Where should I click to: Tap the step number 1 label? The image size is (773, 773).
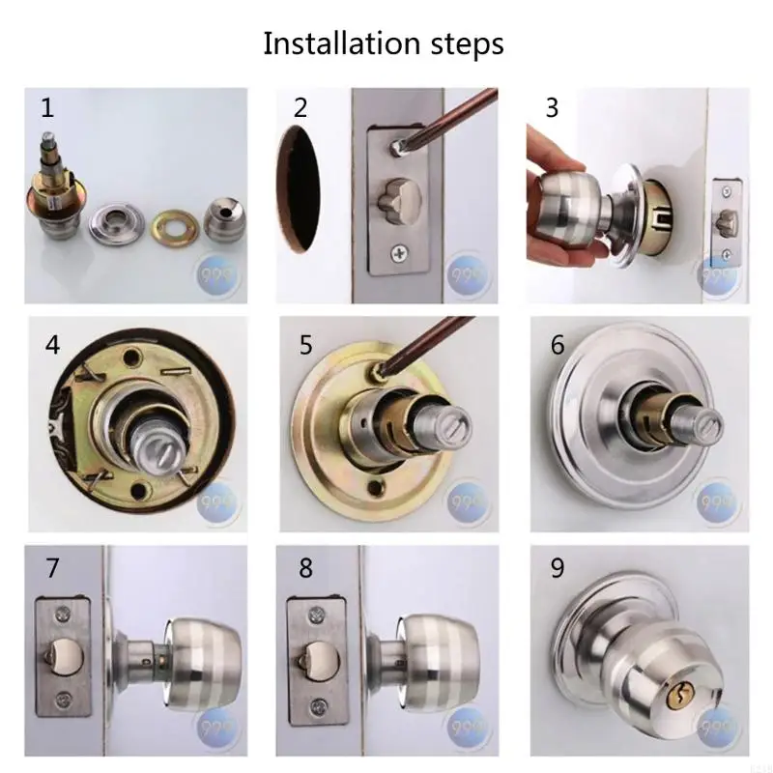(46, 107)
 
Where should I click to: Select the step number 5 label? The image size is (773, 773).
(305, 345)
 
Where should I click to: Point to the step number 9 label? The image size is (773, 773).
(557, 568)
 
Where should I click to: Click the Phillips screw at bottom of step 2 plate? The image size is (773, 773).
(398, 254)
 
